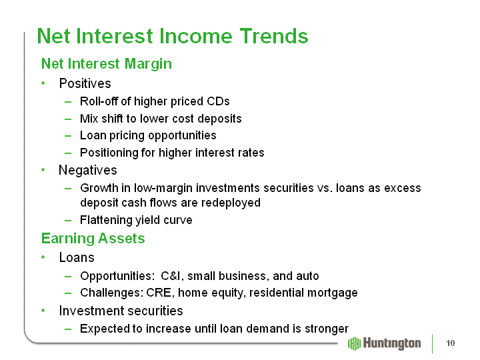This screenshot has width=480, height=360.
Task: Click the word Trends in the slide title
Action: coord(274,36)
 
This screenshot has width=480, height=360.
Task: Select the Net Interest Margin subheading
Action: coord(107,64)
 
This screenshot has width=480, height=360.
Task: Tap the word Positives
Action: coord(85,83)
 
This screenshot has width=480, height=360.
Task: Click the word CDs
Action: coord(218,101)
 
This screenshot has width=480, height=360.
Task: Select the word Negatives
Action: coord(88,170)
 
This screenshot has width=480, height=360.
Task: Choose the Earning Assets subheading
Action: coord(93,239)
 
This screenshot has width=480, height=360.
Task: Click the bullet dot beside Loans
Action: coord(43,257)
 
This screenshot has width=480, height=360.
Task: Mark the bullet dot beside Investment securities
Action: coord(43,311)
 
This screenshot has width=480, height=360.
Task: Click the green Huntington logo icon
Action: coord(355,343)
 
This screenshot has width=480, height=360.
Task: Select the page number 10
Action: coord(450,343)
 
